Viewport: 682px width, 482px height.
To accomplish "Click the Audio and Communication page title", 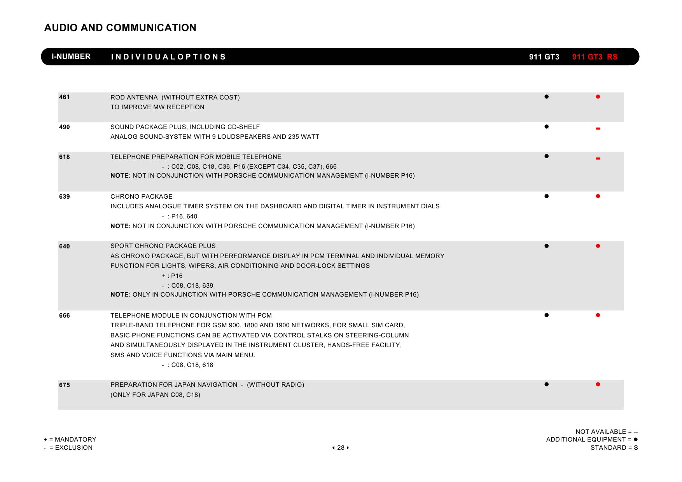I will (120, 28).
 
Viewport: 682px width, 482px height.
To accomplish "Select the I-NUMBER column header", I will (71, 57).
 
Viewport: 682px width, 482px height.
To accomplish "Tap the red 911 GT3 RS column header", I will (595, 57).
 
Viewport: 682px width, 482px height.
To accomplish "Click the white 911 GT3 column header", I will (544, 57).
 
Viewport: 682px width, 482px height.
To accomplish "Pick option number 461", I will (65, 97).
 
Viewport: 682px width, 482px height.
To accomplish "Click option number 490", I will (65, 127).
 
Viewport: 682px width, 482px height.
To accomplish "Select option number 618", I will (65, 157).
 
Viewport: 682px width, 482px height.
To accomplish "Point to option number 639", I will (65, 197).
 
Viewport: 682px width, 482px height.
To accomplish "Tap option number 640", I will (65, 246).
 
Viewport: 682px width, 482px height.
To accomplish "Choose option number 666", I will (65, 316).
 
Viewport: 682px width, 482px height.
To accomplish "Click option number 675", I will (65, 385).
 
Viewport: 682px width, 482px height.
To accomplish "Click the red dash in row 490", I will (598, 129).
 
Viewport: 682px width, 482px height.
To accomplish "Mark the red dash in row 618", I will (598, 159).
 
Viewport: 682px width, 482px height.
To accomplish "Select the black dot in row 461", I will (546, 97).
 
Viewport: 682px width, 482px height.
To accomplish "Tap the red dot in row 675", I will (598, 384).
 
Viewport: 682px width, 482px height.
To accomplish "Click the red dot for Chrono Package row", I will (598, 196).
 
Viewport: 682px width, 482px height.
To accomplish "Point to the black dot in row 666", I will (546, 315).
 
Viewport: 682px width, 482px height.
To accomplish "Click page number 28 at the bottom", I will (341, 448).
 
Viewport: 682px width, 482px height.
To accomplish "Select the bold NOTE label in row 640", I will (121, 295).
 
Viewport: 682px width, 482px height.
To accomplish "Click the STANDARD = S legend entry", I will (614, 448).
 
